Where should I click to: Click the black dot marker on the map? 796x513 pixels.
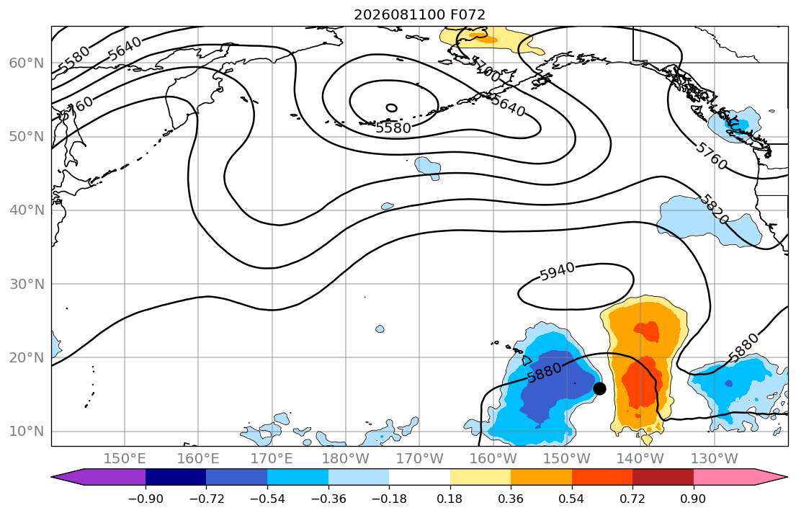coord(599,388)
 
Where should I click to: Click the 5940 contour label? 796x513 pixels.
coord(557,271)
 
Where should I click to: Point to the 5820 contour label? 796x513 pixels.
coord(715,209)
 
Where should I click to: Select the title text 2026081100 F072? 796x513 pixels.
coord(419,14)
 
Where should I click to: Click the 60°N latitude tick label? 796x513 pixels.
coord(27,63)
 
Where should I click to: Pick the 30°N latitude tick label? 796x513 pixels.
coord(27,284)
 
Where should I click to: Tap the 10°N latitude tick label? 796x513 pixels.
coord(27,432)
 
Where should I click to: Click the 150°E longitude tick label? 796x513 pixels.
coord(125,459)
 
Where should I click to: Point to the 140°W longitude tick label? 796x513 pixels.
coord(640,459)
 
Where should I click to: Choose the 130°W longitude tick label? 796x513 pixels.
coord(715,459)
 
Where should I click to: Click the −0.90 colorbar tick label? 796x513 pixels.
coord(146,499)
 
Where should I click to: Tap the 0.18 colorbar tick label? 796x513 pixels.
coord(450,499)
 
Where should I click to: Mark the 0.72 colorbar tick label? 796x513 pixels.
coord(632,499)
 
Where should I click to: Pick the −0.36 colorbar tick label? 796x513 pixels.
coord(328,499)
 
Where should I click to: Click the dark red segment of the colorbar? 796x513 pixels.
coord(663,477)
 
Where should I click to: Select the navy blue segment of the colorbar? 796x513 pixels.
coord(176,477)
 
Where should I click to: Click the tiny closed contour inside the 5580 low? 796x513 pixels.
coord(391,107)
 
